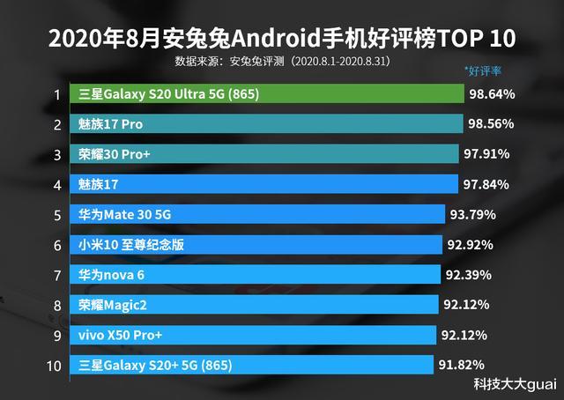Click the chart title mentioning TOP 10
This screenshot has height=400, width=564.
pyautogui.click(x=282, y=40)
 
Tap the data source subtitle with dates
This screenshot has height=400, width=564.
pyautogui.click(x=282, y=63)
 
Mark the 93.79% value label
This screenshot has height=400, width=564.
pyautogui.click(x=473, y=214)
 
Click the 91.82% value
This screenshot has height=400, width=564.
pyautogui.click(x=462, y=365)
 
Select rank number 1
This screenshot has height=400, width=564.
pyautogui.click(x=56, y=93)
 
